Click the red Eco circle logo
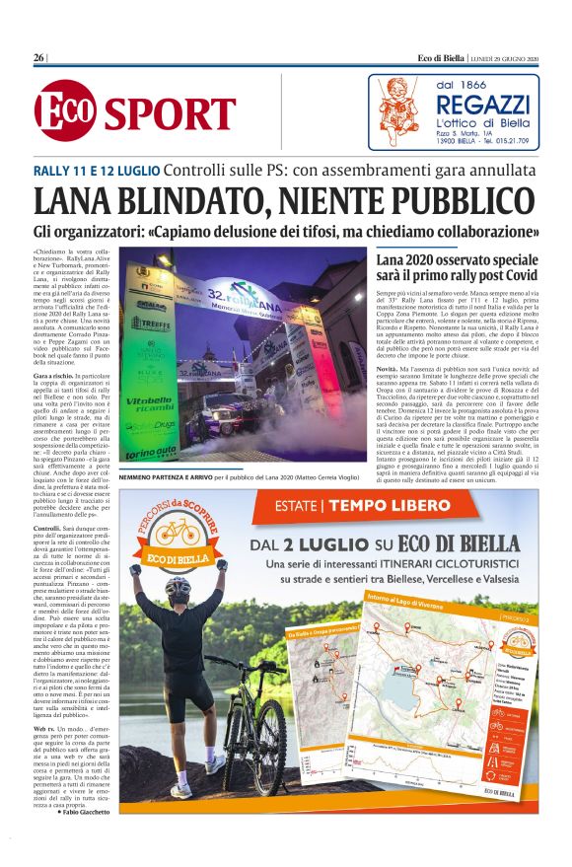pyautogui.click(x=65, y=110)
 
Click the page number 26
pyautogui.click(x=39, y=59)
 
